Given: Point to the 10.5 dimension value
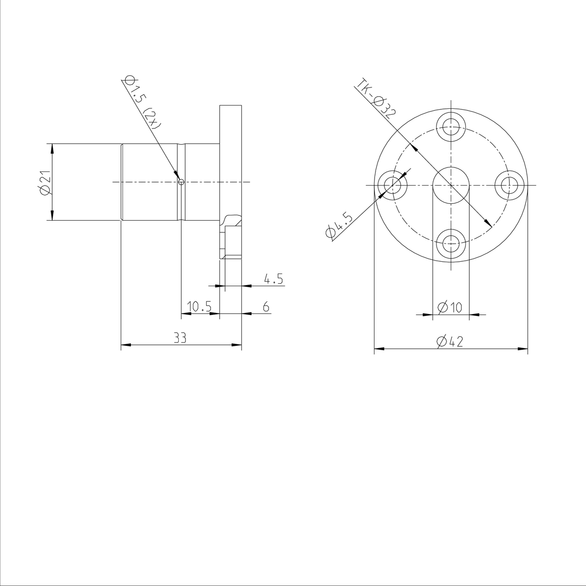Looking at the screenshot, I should (x=199, y=307).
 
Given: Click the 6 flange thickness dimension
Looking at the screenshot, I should (x=266, y=307).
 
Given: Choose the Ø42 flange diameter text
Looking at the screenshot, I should (x=450, y=342).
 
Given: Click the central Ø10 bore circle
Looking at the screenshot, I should (x=451, y=185).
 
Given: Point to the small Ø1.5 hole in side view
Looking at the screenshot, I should (x=181, y=182).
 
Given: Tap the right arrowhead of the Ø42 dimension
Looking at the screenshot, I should (x=523, y=349).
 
